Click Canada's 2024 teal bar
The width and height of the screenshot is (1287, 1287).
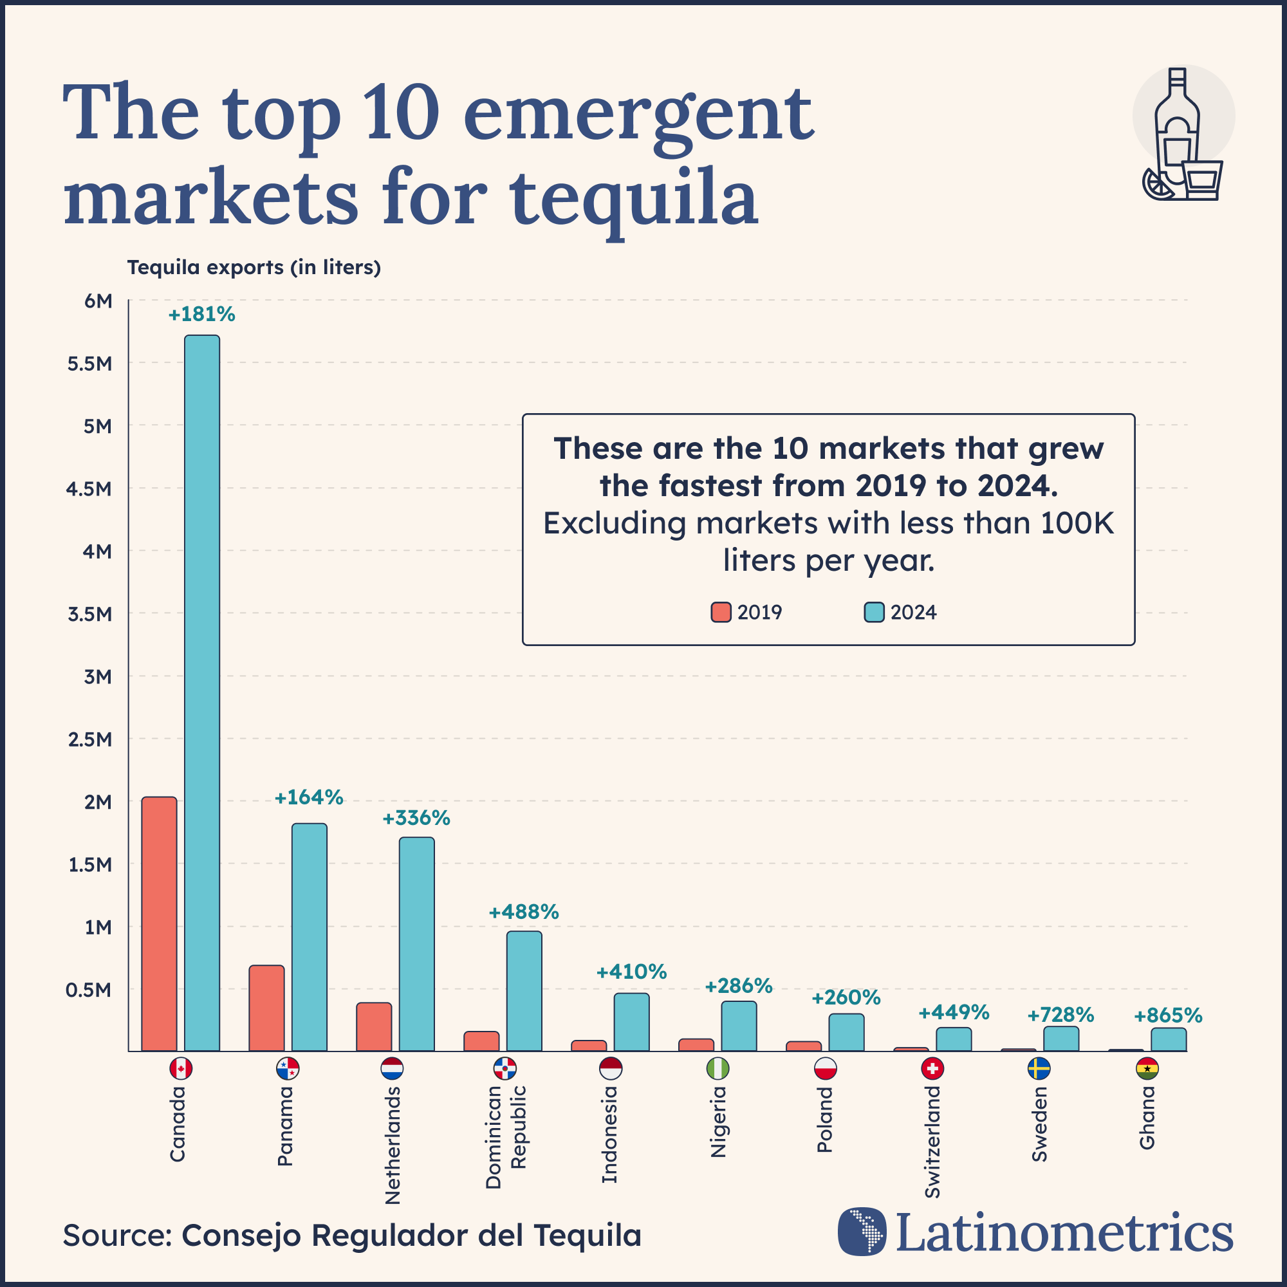[202, 693]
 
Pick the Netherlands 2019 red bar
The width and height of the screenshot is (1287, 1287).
[374, 1026]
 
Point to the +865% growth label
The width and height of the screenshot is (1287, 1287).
[1168, 1016]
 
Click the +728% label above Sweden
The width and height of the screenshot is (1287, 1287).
[1060, 1015]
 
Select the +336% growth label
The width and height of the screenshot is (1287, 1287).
[416, 819]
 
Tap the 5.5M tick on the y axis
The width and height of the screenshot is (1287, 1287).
[89, 364]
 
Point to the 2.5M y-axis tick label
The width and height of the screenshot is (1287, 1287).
[89, 739]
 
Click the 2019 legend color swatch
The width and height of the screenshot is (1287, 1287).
[721, 612]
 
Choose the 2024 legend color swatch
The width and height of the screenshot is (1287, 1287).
[874, 612]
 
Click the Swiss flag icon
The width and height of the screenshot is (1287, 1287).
[932, 1069]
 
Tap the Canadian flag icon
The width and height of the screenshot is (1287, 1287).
[181, 1069]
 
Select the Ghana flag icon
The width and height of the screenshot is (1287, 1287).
[1147, 1069]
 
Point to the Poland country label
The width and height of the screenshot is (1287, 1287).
[825, 1120]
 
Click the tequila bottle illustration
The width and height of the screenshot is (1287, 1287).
[1178, 133]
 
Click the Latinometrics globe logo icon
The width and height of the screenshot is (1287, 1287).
[862, 1232]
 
